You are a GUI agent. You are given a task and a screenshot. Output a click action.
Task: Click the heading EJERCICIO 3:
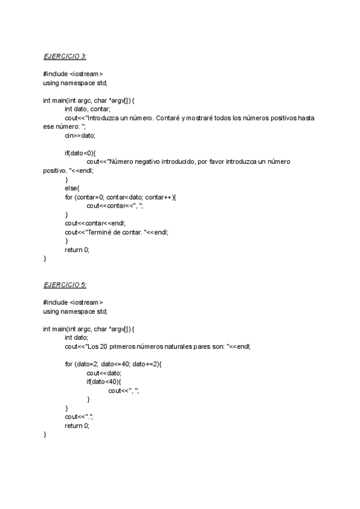click(65, 56)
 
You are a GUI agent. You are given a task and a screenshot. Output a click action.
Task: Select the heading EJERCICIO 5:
click(65, 284)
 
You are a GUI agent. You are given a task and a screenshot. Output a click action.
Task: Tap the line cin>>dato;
click(80, 136)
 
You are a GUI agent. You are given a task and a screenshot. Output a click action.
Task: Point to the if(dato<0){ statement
click(80, 153)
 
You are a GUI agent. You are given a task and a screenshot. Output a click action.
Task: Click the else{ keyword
click(73, 188)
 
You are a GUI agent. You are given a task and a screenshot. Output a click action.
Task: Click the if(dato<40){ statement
click(104, 381)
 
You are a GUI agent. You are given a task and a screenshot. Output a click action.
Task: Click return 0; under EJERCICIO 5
click(77, 425)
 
